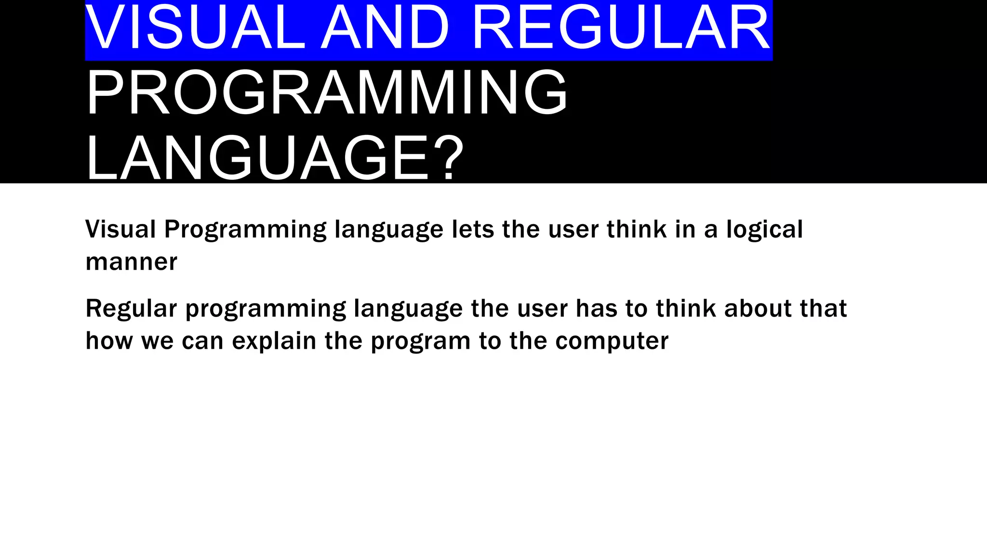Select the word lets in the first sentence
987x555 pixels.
click(x=473, y=229)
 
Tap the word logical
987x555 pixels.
click(x=764, y=229)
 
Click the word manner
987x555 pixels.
click(x=131, y=263)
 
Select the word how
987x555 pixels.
click(x=109, y=341)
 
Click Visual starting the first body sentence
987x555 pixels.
click(x=120, y=229)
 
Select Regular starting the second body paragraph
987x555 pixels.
click(x=131, y=309)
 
